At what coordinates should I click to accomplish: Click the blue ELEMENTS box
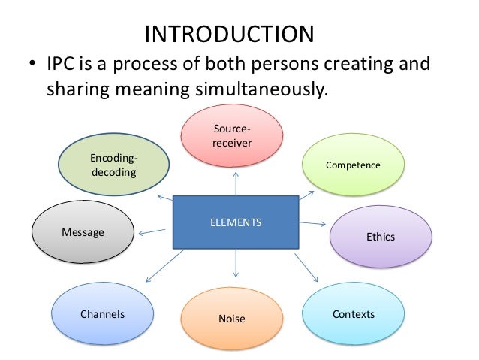236,222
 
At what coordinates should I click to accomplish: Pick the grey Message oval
82,233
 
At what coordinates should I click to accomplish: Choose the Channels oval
103,314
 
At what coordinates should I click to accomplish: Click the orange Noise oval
231,319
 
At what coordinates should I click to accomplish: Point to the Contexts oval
353,313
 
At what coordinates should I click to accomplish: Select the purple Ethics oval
380,237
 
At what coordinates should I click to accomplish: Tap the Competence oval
353,165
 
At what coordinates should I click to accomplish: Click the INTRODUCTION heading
228,35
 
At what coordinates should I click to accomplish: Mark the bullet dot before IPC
32,65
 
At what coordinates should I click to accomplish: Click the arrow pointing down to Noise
236,264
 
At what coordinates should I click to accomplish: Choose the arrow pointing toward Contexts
304,266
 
